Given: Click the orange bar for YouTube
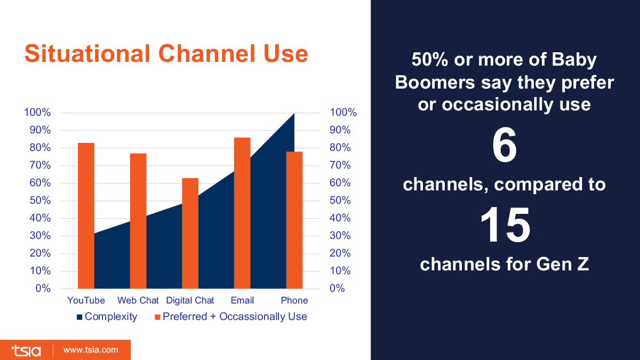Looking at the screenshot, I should (86, 216).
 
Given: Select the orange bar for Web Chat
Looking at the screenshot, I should (138, 221).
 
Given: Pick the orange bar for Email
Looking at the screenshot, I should (242, 213).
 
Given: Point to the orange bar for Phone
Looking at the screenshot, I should (294, 220).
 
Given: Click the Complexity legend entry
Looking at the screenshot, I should (107, 317).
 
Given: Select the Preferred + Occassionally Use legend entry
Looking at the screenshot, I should (231, 317).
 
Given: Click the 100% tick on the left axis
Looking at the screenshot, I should (37, 113).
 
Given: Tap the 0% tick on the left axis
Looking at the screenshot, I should (43, 289).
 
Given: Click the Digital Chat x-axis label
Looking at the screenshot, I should (190, 300).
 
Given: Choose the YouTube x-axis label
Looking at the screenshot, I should (86, 300).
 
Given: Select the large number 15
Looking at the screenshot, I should (505, 225).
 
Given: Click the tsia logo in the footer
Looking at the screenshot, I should (26, 350).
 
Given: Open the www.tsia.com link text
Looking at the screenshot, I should (91, 350).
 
